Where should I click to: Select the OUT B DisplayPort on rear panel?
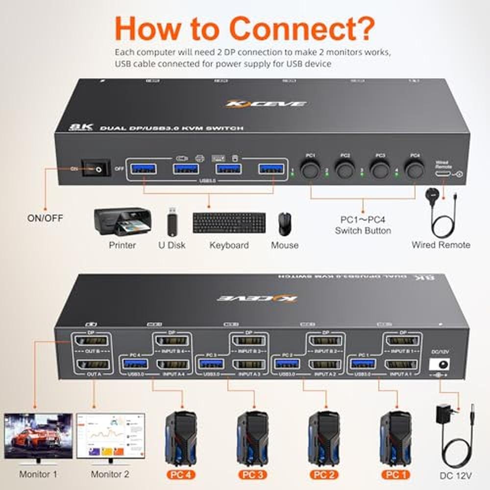point(91,342)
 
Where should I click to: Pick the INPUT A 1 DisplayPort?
point(401,364)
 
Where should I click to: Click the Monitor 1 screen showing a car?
point(38,436)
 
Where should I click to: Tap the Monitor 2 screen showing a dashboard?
point(111,436)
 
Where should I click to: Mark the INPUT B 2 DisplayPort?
point(326,342)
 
